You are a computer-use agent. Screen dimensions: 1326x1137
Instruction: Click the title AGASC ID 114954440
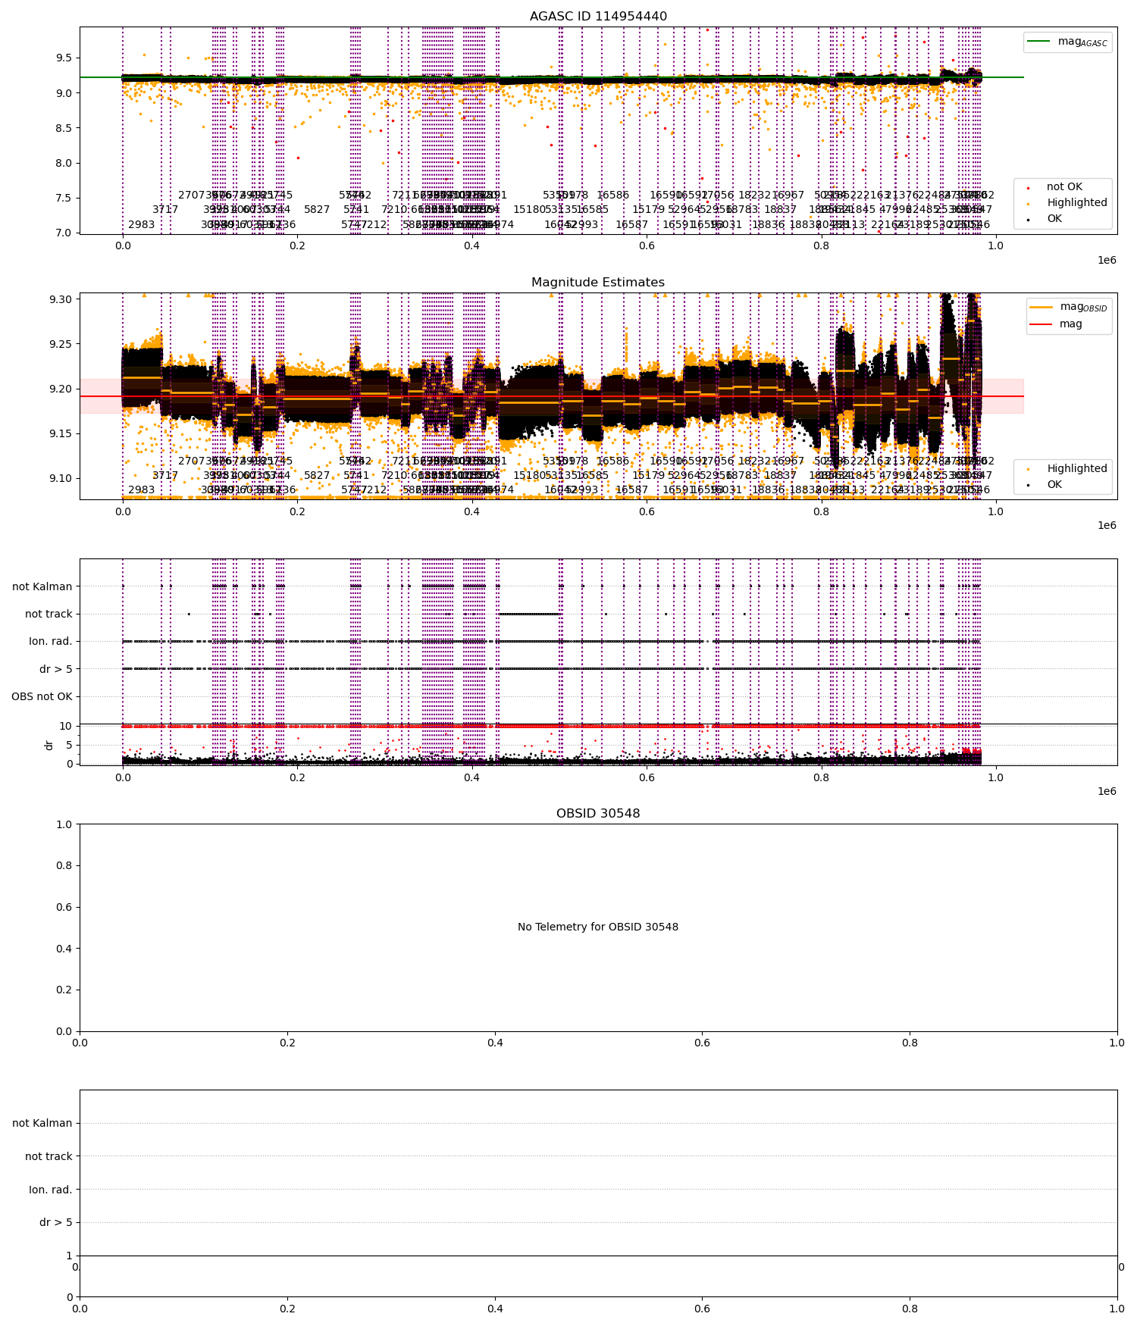pos(598,17)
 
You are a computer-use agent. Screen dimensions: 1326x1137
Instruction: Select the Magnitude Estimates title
pos(598,283)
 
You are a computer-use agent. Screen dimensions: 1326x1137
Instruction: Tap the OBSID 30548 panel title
pos(598,814)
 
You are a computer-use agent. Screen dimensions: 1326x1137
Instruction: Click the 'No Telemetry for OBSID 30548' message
pos(598,927)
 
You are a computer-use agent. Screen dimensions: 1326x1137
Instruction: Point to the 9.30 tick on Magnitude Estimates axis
pos(61,299)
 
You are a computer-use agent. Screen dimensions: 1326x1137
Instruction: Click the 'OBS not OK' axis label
pos(42,697)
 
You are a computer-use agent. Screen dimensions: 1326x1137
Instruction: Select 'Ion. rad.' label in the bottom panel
pos(51,1190)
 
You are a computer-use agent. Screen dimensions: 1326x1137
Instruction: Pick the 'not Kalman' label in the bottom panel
pos(42,1123)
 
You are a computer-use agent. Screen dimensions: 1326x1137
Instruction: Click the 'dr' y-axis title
pos(49,745)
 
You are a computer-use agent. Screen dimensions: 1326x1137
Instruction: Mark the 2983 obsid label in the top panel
pos(141,225)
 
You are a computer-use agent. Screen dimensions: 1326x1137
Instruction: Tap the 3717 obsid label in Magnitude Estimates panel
pos(165,476)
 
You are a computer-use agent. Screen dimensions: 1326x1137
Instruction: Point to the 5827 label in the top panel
pos(317,210)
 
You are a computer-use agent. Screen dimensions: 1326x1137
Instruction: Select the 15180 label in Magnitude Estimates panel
pos(529,476)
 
